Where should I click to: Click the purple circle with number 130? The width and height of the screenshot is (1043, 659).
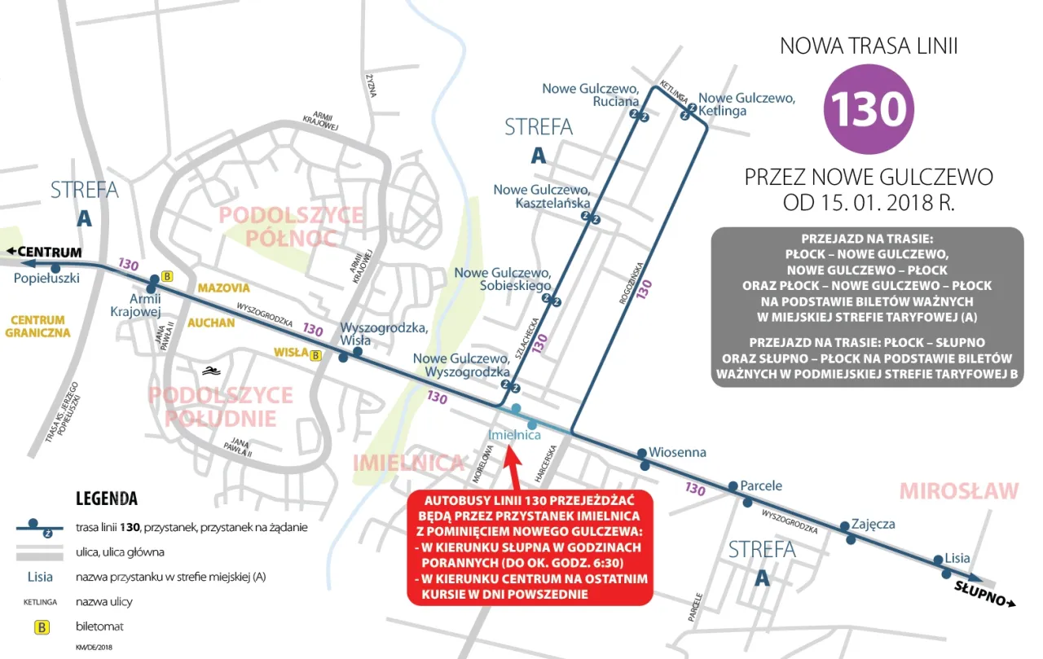click(x=869, y=108)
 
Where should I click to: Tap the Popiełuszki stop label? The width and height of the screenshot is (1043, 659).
click(x=46, y=279)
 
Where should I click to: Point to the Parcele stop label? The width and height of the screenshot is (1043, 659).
click(x=761, y=485)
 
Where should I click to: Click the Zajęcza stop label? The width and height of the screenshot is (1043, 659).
click(x=873, y=524)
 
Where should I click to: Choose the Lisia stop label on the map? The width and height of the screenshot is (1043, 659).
click(x=957, y=558)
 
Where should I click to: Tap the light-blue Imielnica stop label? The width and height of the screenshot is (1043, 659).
click(x=514, y=435)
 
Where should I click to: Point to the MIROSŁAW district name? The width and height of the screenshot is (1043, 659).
click(x=959, y=491)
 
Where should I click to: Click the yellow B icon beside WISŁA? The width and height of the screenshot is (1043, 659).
click(x=316, y=354)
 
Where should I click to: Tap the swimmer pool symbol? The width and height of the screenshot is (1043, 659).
click(x=212, y=371)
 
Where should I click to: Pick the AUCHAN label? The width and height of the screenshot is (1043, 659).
click(x=211, y=323)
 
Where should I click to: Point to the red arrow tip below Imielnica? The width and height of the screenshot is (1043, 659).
click(x=513, y=448)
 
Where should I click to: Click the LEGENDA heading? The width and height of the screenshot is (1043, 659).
click(x=106, y=499)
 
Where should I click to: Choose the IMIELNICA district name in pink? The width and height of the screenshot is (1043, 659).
click(x=408, y=463)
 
